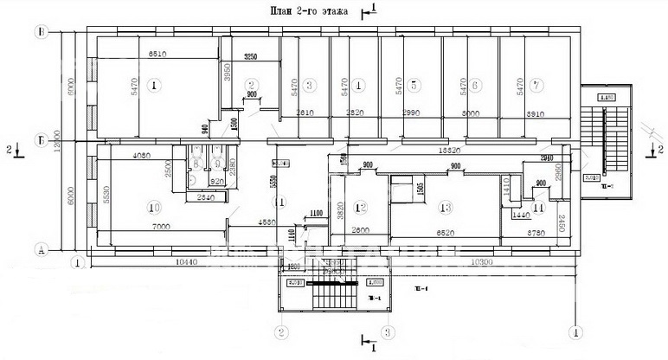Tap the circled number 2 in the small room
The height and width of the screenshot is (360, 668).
click(252, 85)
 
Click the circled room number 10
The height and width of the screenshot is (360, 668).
click(154, 207)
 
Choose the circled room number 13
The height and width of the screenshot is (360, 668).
click(446, 207)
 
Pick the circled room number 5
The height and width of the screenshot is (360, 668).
click(414, 85)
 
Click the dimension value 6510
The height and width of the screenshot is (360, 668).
click(157, 55)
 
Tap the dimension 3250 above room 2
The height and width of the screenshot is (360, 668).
click(251, 57)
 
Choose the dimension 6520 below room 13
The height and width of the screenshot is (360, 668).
click(447, 233)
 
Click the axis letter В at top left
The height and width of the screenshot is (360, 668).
click(41, 32)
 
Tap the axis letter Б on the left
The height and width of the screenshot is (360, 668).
click(41, 138)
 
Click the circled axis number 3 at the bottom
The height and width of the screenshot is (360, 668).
click(389, 331)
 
